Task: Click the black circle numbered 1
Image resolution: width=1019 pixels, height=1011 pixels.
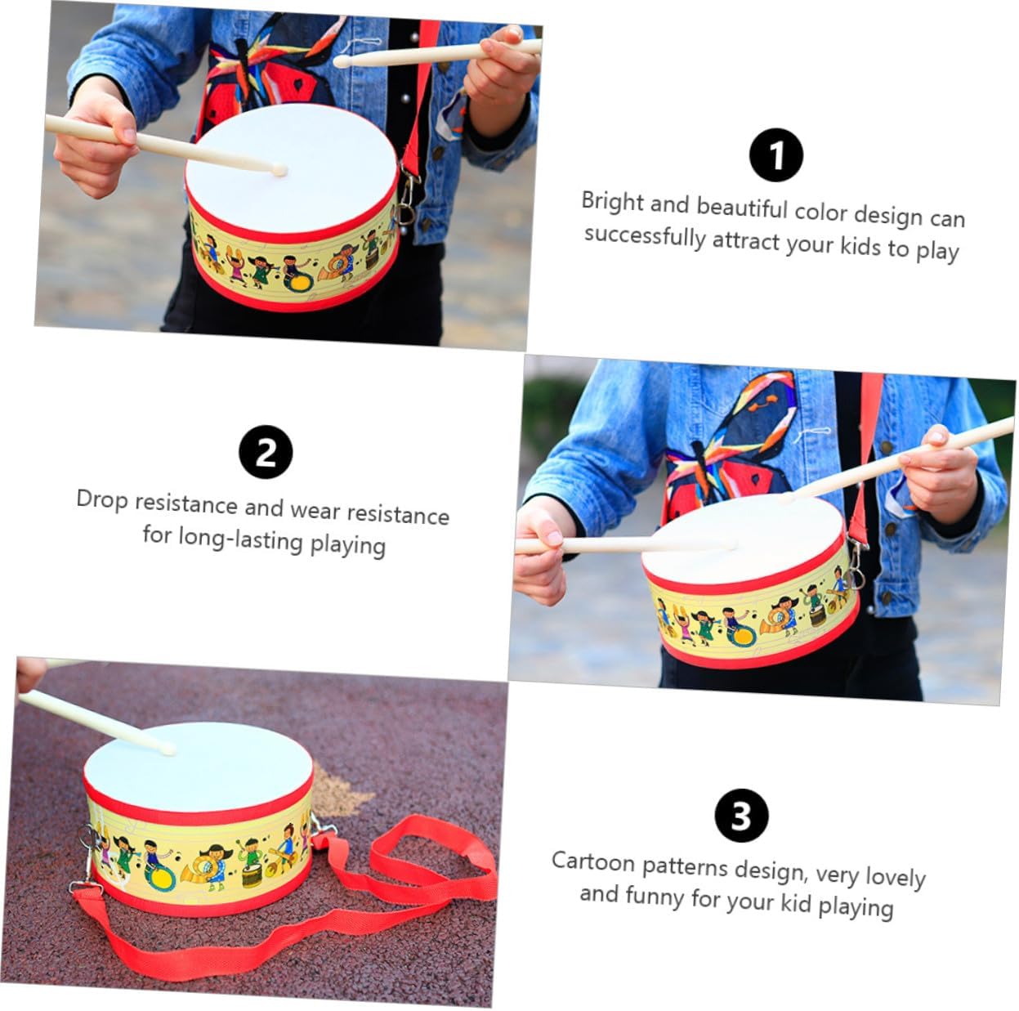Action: pos(775,155)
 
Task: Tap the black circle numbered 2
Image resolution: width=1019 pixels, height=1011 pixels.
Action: pos(266,452)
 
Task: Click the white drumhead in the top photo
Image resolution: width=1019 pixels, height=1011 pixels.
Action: pos(292,168)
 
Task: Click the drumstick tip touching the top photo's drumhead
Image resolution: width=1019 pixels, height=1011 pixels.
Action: pos(279,170)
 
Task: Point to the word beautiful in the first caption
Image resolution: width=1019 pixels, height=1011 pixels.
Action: pos(742,208)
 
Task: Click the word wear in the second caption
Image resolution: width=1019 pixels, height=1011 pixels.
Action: pos(315,510)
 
